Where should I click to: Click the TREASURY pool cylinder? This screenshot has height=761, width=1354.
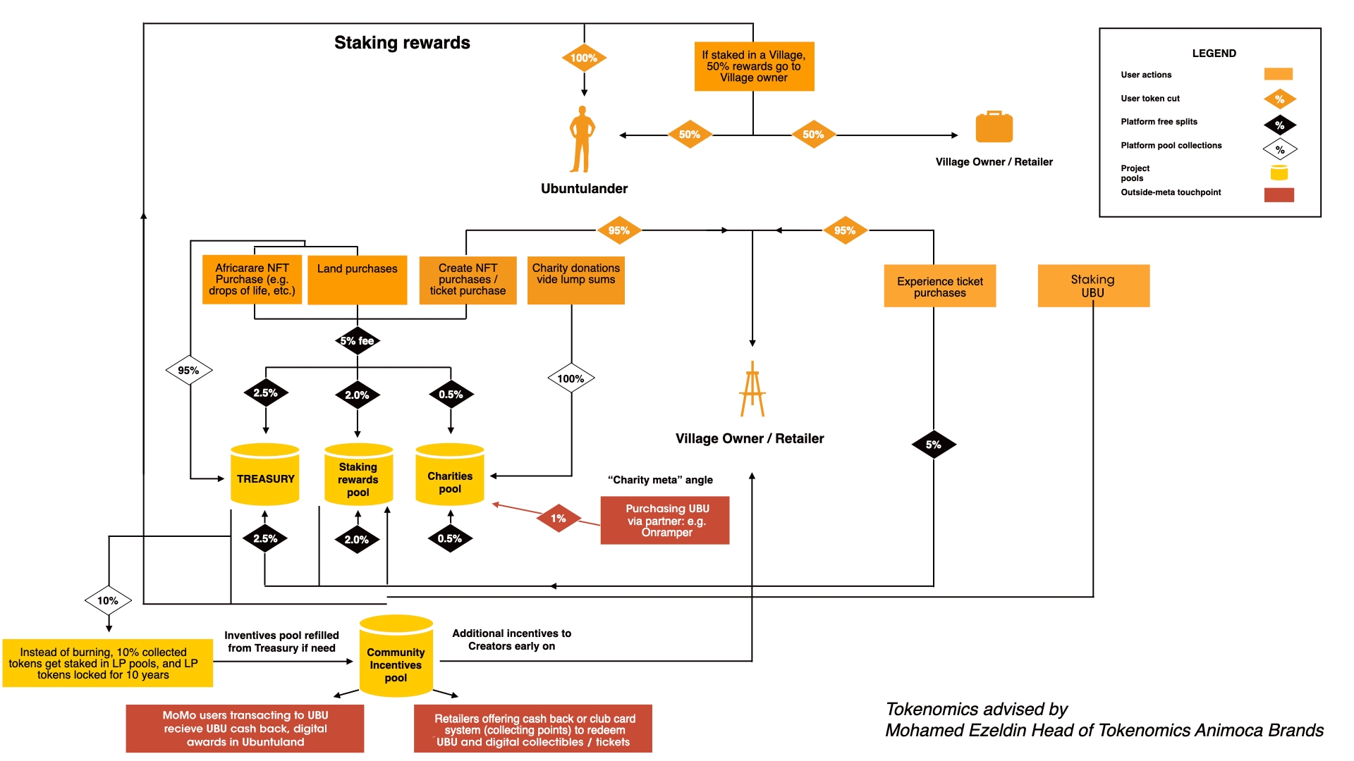pyautogui.click(x=265, y=475)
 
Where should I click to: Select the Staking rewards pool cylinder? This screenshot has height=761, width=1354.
pyautogui.click(x=358, y=475)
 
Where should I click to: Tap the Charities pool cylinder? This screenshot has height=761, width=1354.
pyautogui.click(x=450, y=475)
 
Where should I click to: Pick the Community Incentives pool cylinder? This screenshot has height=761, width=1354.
pyautogui.click(x=396, y=657)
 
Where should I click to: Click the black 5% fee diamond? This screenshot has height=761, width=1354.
pyautogui.click(x=358, y=341)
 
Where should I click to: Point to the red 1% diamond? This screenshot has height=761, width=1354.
pyautogui.click(x=558, y=519)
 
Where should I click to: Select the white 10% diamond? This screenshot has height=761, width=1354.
pyautogui.click(x=108, y=601)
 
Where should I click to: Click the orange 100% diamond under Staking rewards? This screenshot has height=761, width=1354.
pyautogui.click(x=584, y=58)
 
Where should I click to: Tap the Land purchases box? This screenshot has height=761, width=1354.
pyautogui.click(x=358, y=280)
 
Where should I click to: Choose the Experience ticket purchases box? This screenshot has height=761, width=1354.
pyautogui.click(x=940, y=286)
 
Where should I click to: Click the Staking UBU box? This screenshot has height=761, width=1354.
pyautogui.click(x=1093, y=286)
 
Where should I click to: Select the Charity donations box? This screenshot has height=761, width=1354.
pyautogui.click(x=576, y=280)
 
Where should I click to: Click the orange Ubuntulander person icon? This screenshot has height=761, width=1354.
pyautogui.click(x=583, y=140)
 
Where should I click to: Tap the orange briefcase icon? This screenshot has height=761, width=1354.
pyautogui.click(x=994, y=128)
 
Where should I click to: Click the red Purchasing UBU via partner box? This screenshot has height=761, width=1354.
pyautogui.click(x=665, y=521)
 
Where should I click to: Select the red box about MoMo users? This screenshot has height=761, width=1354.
pyautogui.click(x=245, y=729)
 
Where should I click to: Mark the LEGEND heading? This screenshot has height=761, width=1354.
pyautogui.click(x=1214, y=54)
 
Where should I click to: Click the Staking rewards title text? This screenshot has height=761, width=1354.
pyautogui.click(x=402, y=43)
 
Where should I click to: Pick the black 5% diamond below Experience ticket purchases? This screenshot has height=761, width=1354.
pyautogui.click(x=934, y=445)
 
